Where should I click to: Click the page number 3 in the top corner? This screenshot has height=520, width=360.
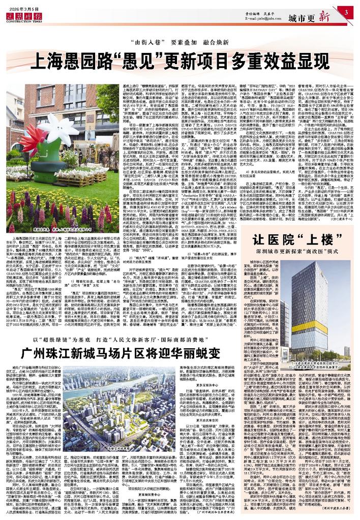click(x=345, y=12)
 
